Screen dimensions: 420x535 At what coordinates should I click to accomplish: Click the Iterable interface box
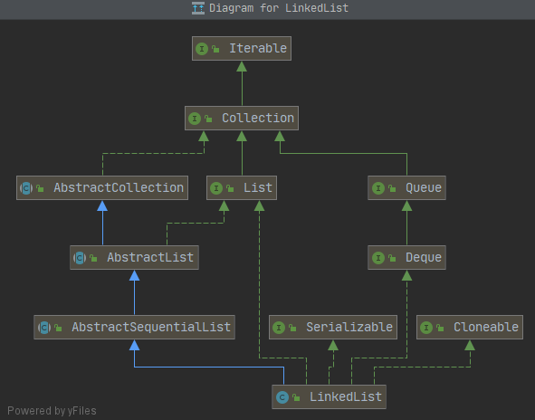click(x=241, y=49)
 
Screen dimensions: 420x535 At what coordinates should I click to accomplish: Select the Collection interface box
click(x=241, y=118)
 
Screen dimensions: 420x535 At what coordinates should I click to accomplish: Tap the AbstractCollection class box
click(x=102, y=188)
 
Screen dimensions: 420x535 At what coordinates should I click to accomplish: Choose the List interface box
click(x=241, y=188)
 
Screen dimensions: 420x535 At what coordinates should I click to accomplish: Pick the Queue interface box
click(x=407, y=188)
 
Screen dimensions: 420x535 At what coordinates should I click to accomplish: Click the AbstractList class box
click(x=133, y=257)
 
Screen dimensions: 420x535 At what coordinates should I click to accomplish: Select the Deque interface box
click(x=407, y=258)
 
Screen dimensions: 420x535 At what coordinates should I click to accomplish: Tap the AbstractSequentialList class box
click(x=134, y=327)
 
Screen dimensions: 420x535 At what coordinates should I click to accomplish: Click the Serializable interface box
click(x=332, y=327)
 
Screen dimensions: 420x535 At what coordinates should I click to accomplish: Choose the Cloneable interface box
click(x=470, y=327)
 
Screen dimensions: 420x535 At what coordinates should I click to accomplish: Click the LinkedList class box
click(x=329, y=396)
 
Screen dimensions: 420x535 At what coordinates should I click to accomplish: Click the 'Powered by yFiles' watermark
click(x=51, y=411)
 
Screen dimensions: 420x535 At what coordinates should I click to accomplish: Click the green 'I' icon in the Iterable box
click(x=202, y=49)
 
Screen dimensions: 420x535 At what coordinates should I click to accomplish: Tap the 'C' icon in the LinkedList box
click(x=282, y=396)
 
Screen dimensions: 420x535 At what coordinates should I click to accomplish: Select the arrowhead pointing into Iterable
click(x=241, y=66)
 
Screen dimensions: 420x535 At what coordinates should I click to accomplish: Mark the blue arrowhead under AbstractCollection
click(x=102, y=205)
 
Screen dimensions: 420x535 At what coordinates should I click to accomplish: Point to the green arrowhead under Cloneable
click(x=470, y=345)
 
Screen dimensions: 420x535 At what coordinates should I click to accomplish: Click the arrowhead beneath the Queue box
click(x=407, y=205)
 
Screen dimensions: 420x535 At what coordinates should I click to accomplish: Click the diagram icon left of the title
click(x=197, y=8)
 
